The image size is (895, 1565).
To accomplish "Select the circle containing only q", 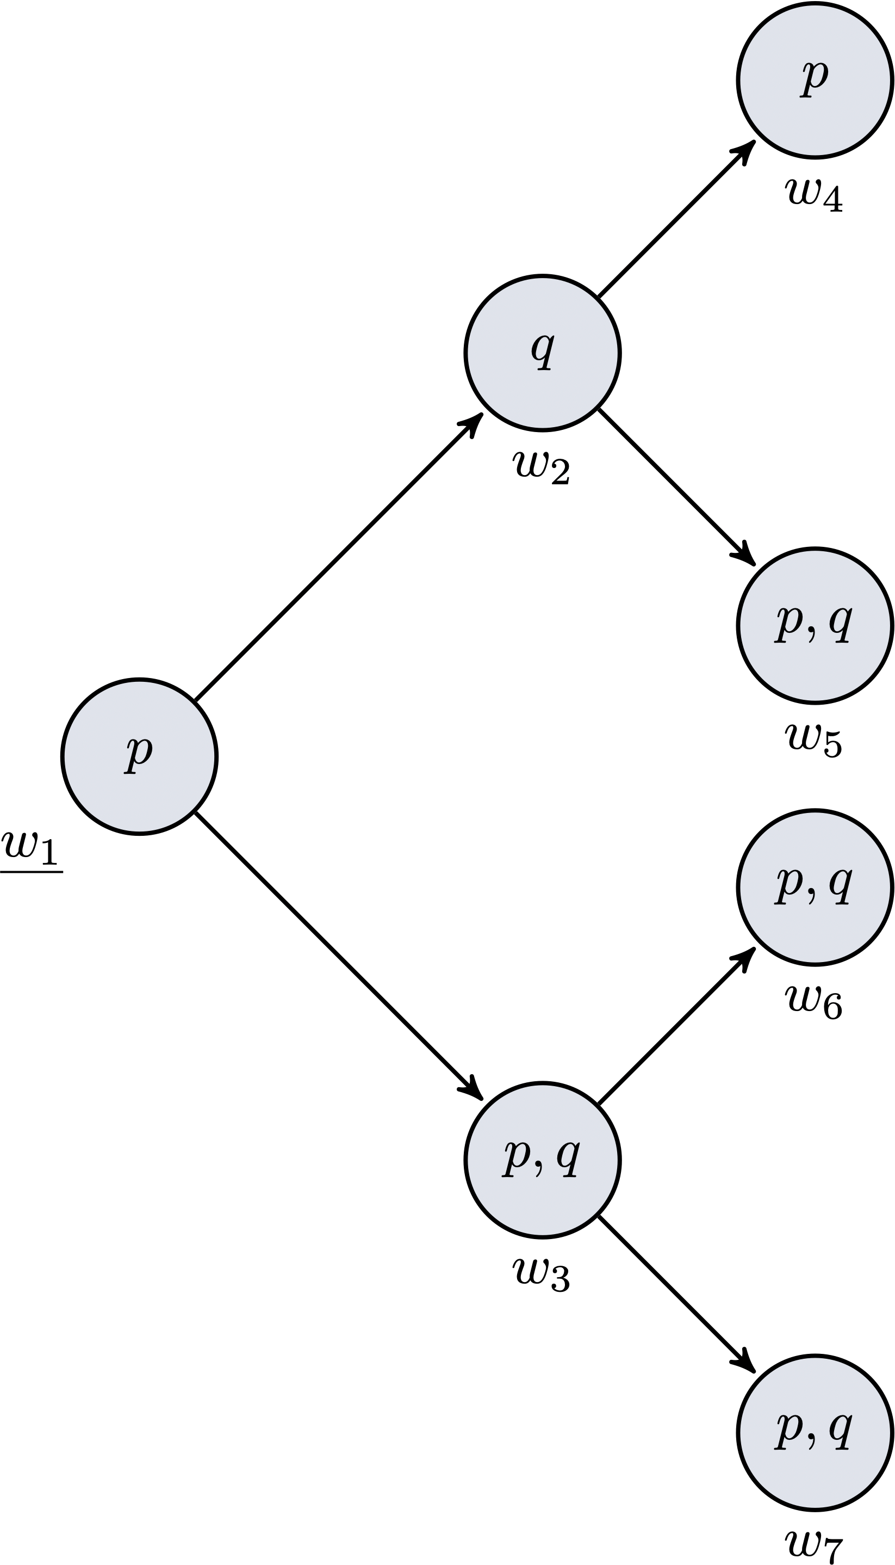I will (542, 353).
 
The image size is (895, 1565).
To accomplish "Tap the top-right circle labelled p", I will (815, 80).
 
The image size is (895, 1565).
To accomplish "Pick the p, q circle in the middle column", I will (542, 1160).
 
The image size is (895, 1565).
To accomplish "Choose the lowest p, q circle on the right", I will (815, 1432).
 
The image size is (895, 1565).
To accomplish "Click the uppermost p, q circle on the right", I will (815, 625).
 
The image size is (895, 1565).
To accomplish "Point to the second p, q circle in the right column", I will (815, 886).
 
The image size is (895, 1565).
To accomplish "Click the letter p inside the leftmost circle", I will (138, 754).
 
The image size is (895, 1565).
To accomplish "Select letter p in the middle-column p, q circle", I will (517, 1158).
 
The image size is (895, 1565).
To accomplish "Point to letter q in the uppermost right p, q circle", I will (840, 623).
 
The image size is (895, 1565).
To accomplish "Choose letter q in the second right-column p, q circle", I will (840, 885).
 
